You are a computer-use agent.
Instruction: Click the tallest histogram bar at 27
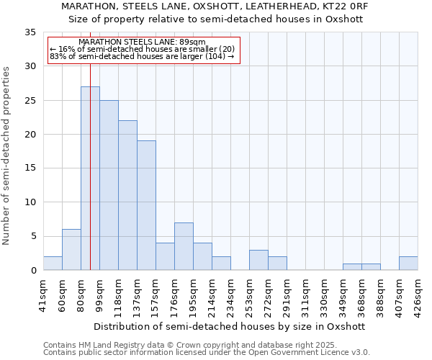click(x=90, y=179)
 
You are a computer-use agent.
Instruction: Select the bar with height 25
click(x=109, y=185)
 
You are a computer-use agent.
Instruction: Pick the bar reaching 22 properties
click(x=127, y=195)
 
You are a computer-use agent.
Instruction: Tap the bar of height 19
click(x=146, y=205)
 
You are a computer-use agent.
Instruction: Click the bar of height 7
click(x=184, y=246)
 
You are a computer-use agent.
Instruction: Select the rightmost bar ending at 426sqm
click(x=408, y=264)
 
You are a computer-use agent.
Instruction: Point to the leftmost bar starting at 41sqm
click(x=53, y=264)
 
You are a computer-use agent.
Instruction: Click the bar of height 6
click(x=71, y=250)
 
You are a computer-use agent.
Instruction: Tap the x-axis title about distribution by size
click(x=230, y=326)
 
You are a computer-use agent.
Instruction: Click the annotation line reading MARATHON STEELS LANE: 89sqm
click(x=143, y=42)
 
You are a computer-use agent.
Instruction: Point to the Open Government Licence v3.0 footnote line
click(x=207, y=353)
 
